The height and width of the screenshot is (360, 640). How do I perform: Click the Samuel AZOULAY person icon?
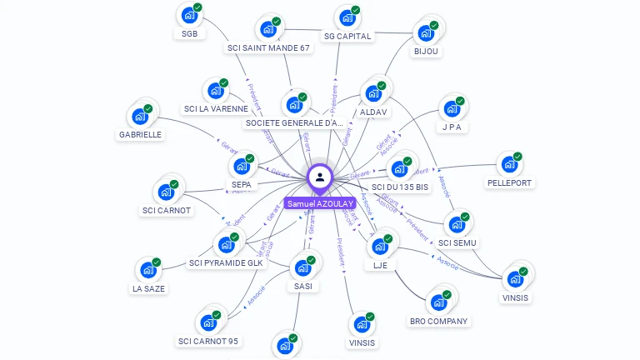pos(320,177)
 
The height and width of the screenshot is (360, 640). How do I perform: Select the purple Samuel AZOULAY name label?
pos(320,203)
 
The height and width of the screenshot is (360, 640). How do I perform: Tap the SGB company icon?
pos(189,15)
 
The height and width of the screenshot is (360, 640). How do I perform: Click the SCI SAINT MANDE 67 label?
pos(268,47)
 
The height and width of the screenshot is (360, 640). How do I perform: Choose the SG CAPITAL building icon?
pos(347,17)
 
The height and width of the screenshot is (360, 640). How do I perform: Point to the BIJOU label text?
pos(426,51)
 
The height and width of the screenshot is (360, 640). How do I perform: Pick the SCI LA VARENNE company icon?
pos(216,90)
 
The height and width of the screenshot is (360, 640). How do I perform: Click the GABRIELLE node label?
pos(140,134)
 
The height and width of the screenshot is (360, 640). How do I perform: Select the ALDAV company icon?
pos(372,93)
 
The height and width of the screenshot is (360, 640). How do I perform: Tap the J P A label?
pos(452,127)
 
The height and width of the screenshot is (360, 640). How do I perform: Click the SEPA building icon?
pos(242,166)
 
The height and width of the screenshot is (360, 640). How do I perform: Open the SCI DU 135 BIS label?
pos(400,187)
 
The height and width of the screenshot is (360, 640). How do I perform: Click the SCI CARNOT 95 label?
pos(207,341)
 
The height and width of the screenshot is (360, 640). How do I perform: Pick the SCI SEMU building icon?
pos(457,224)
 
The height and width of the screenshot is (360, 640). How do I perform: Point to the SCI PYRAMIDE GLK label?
pos(226,263)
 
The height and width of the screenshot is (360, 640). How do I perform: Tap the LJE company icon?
pos(380,247)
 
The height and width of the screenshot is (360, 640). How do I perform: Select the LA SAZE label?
pos(148,289)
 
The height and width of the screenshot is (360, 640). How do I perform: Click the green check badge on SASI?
pos(311,260)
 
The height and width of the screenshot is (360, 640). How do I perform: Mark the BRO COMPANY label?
pos(439,321)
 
